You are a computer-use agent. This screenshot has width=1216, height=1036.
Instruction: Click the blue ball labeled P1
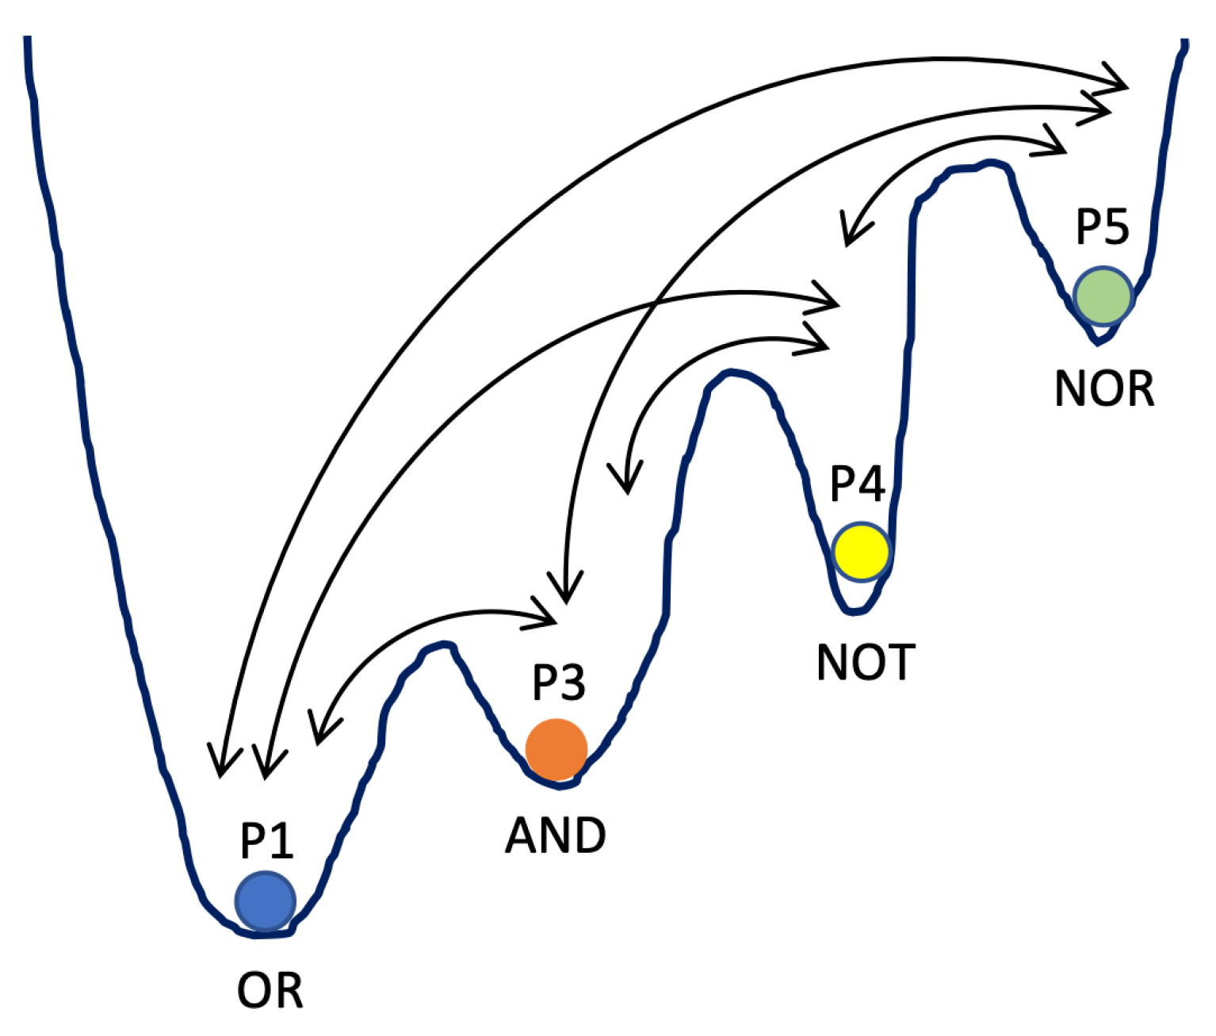click(x=265, y=901)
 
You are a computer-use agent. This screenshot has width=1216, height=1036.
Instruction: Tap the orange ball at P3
click(x=556, y=749)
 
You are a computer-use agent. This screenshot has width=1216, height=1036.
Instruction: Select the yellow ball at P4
click(x=861, y=551)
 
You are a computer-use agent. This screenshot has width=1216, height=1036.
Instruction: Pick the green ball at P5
click(x=1103, y=296)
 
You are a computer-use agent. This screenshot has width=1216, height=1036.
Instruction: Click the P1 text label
click(x=266, y=842)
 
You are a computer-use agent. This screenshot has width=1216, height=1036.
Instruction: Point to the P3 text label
click(x=558, y=682)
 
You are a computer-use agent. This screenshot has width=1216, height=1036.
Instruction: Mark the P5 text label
click(x=1102, y=227)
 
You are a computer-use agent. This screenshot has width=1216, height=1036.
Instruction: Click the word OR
click(x=270, y=991)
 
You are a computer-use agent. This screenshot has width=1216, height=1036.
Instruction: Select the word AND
click(x=556, y=835)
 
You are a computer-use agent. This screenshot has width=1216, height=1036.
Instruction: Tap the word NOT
click(x=866, y=663)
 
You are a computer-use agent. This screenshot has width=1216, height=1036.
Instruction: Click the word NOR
click(x=1104, y=389)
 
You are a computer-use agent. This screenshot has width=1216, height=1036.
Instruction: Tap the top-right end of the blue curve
click(x=1185, y=42)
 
